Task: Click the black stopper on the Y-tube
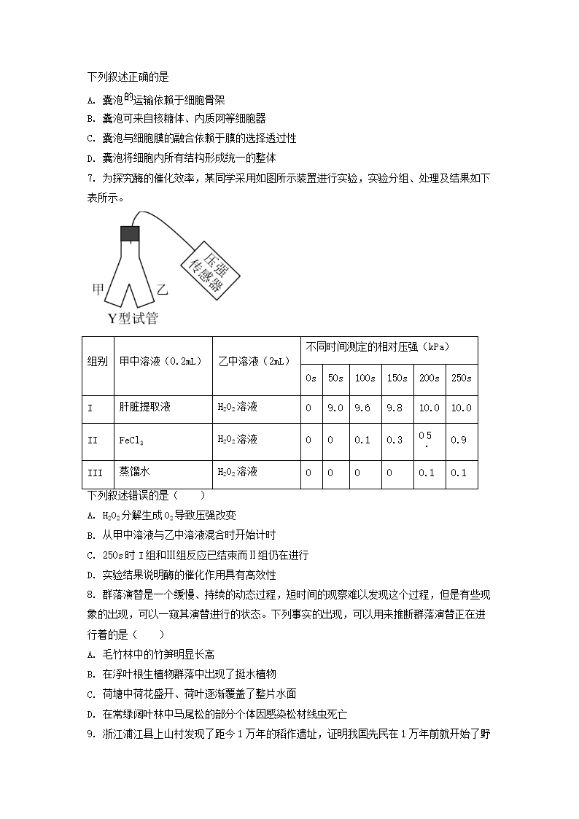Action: click(x=130, y=233)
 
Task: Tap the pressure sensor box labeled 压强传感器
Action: click(x=206, y=267)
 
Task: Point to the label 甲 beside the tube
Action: click(x=98, y=290)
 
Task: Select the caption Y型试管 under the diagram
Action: click(x=132, y=318)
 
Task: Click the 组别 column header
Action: click(x=97, y=361)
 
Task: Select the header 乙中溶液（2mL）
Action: click(x=254, y=361)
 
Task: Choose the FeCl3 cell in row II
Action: click(x=130, y=440)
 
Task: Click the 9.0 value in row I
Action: click(x=335, y=408)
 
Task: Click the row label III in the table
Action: click(x=95, y=473)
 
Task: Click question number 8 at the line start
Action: click(x=90, y=594)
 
